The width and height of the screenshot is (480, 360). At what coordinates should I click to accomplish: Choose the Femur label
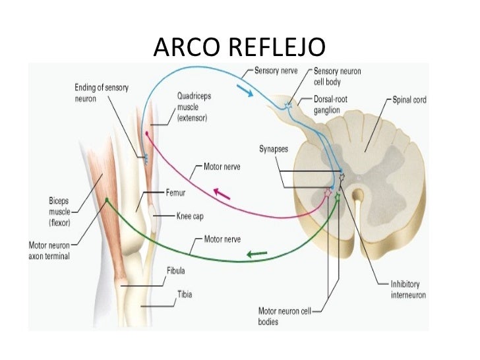173,195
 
